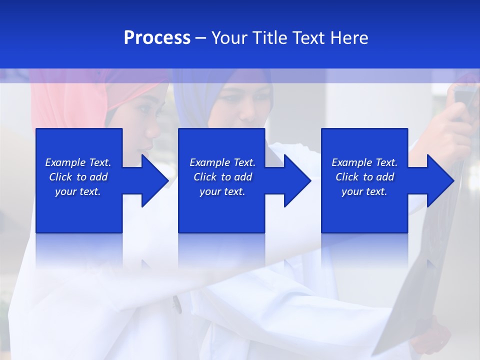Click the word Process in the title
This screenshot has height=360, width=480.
pyautogui.click(x=157, y=38)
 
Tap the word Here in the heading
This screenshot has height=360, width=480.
pyautogui.click(x=349, y=38)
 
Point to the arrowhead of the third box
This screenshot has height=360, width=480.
pyautogui.click(x=438, y=180)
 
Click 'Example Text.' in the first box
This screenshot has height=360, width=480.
pyautogui.click(x=78, y=162)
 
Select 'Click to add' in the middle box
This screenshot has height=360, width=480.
pyautogui.click(x=222, y=177)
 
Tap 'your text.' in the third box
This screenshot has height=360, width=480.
pyautogui.click(x=364, y=191)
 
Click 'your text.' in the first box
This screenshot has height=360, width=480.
pyautogui.click(x=78, y=191)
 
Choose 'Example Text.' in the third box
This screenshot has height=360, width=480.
pyautogui.click(x=364, y=162)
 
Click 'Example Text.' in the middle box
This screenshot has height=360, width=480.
pyautogui.click(x=222, y=162)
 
